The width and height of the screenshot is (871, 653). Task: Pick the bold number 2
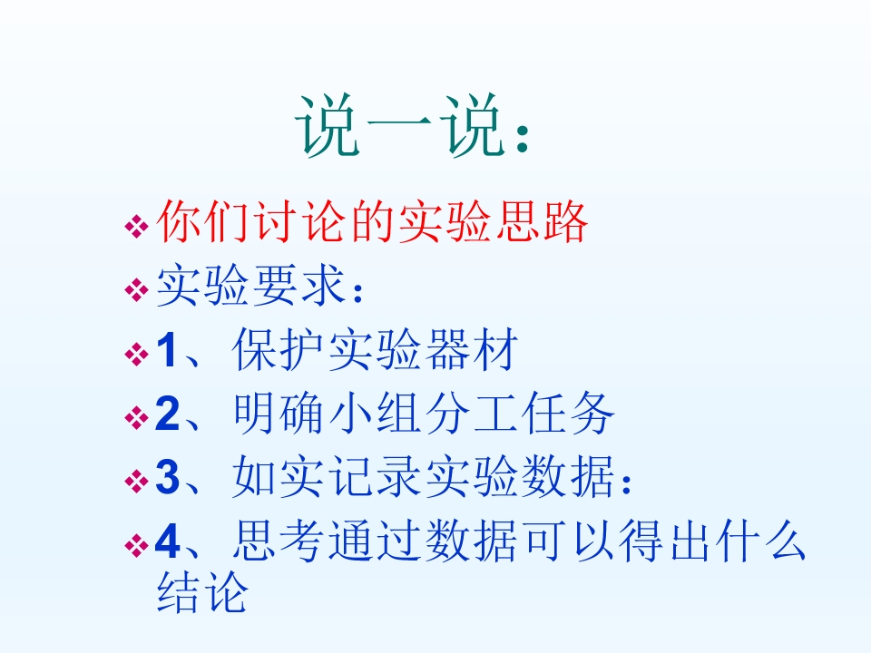[x=168, y=415]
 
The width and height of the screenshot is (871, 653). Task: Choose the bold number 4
[x=168, y=543]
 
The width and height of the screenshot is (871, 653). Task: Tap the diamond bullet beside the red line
[x=135, y=226]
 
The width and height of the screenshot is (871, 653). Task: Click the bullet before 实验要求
[x=135, y=289]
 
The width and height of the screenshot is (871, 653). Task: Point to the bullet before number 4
[x=135, y=545]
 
